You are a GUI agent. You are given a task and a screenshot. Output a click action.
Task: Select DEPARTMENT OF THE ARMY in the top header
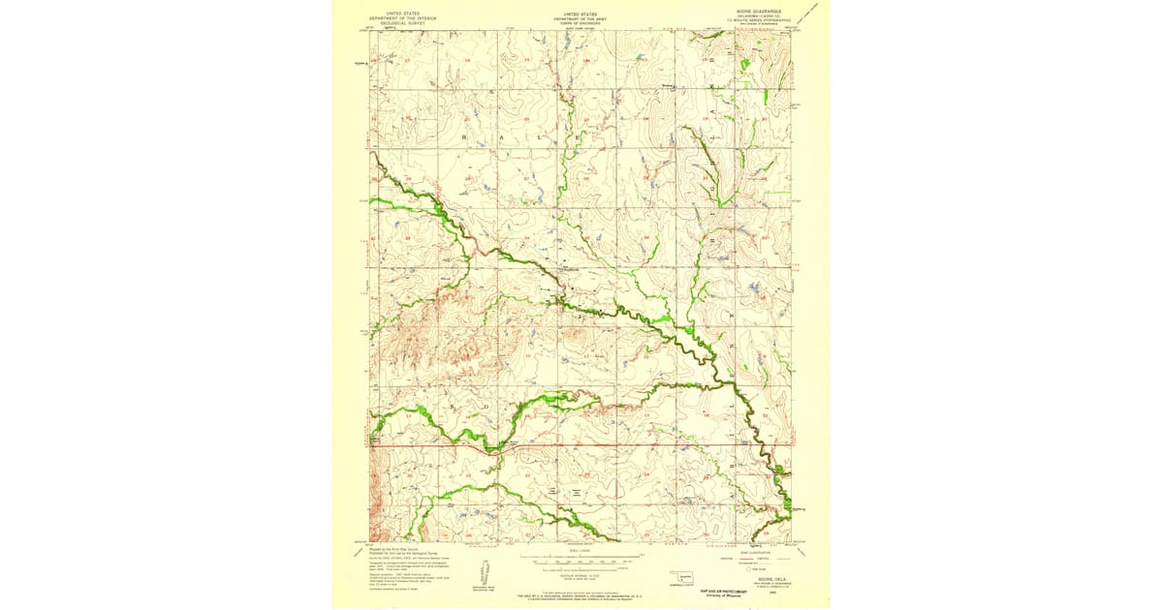click(581, 17)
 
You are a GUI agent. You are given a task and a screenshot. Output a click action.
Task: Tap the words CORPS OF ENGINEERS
click(581, 22)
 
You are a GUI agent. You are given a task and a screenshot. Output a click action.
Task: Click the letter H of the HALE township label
click(474, 137)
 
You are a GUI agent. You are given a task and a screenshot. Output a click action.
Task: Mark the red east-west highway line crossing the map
click(581, 445)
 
